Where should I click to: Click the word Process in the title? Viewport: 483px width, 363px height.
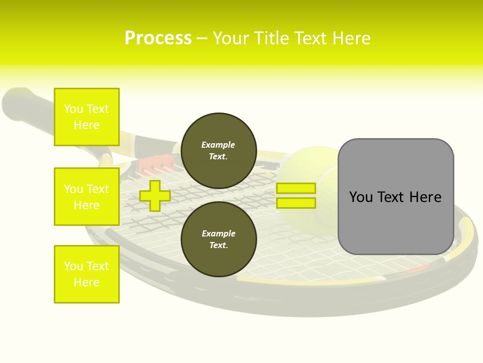158,38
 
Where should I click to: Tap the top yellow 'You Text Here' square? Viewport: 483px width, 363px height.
87,117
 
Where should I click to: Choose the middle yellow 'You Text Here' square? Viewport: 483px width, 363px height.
87,197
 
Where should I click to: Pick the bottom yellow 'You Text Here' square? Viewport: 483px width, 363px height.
87,274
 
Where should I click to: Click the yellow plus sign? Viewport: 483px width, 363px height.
155,196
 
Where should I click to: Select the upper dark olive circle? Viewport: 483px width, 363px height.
219,151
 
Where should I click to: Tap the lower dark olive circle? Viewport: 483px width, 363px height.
219,239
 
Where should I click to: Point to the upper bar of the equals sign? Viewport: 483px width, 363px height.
296,188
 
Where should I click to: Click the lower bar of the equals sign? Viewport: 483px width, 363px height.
296,203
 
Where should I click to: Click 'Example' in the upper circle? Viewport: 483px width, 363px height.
218,145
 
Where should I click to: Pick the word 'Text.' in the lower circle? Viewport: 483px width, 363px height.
219,245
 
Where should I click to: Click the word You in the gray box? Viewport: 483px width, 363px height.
361,197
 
